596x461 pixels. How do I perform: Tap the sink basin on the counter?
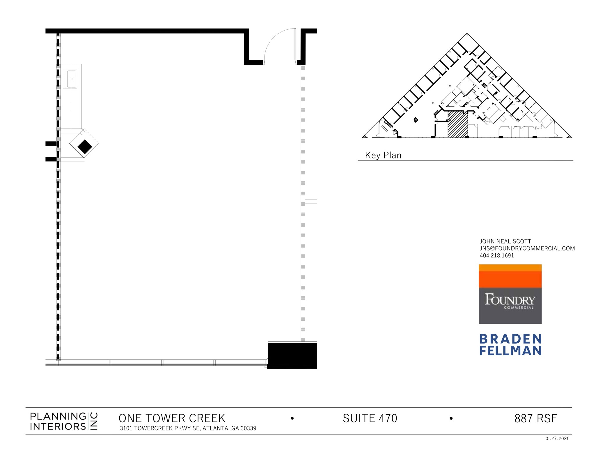(70, 79)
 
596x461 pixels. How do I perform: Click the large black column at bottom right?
(292, 356)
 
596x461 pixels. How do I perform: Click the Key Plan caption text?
(383, 155)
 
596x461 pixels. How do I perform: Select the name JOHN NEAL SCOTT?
(505, 241)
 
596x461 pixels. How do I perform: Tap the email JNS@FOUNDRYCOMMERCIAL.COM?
(527, 248)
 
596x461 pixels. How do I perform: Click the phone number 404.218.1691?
(497, 255)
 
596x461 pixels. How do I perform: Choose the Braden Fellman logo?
(510, 345)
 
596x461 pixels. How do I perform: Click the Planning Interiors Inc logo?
(64, 421)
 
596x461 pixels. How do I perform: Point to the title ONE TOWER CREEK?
(172, 418)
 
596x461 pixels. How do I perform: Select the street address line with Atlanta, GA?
(188, 428)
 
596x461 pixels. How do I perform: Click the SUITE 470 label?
(370, 418)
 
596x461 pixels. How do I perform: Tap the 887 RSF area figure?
(535, 418)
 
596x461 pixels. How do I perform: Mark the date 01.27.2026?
(557, 439)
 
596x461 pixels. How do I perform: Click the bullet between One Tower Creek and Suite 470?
(292, 418)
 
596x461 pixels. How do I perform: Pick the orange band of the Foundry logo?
(510, 279)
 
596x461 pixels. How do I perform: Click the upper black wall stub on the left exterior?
(51, 144)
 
